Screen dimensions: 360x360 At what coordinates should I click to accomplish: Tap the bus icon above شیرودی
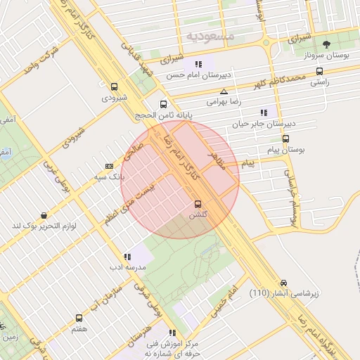coord(115,86)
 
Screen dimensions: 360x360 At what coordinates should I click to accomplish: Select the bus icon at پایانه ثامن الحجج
coord(164,103)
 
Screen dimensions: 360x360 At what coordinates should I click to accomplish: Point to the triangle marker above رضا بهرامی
coord(224,91)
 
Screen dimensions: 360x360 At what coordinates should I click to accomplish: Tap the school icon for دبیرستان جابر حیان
coord(264,112)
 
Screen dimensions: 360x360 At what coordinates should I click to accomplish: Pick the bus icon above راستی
coord(320,71)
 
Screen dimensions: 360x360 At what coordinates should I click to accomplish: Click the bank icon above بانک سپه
coord(108,166)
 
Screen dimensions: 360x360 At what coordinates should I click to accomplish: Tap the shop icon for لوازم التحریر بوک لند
coord(44,215)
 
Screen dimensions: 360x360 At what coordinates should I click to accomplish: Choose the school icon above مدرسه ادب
coord(127,257)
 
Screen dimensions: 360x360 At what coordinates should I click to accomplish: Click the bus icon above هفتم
coord(79,319)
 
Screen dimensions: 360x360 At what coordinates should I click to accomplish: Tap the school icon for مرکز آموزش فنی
coord(172,333)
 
